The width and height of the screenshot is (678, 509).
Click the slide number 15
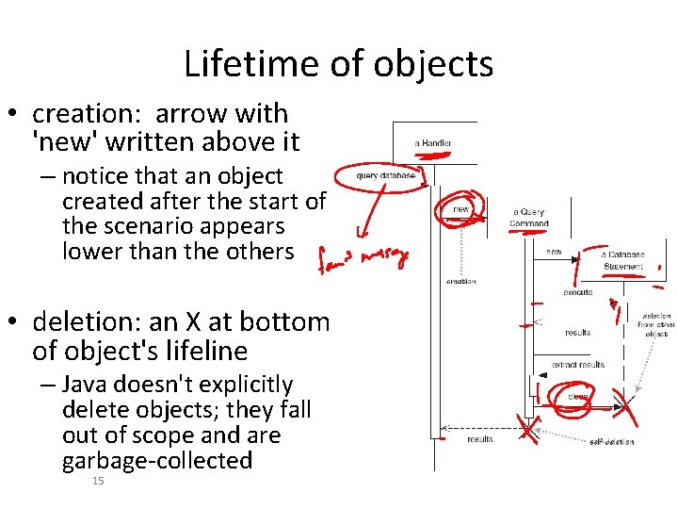tap(98, 482)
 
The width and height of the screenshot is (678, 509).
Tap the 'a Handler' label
tap(433, 143)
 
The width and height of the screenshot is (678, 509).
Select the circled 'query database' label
tap(386, 175)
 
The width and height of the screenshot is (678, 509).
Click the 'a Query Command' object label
tap(529, 218)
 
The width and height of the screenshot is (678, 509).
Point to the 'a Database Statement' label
tap(624, 260)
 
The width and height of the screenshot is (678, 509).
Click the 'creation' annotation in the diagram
tap(460, 281)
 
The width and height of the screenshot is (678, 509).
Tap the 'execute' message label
tap(576, 292)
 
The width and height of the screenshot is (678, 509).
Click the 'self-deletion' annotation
tap(611, 441)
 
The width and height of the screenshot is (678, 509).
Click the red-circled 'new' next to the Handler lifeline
tap(462, 209)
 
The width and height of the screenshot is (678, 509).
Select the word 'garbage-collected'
tap(157, 461)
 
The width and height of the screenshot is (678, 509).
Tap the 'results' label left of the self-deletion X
tap(480, 438)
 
